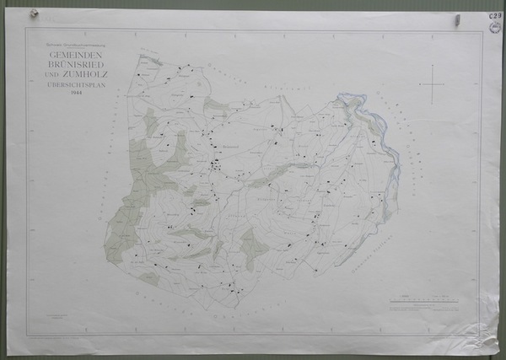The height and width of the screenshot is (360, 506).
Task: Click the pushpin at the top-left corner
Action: (x=34, y=13)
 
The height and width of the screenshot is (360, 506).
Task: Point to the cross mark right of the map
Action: (x=432, y=84)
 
